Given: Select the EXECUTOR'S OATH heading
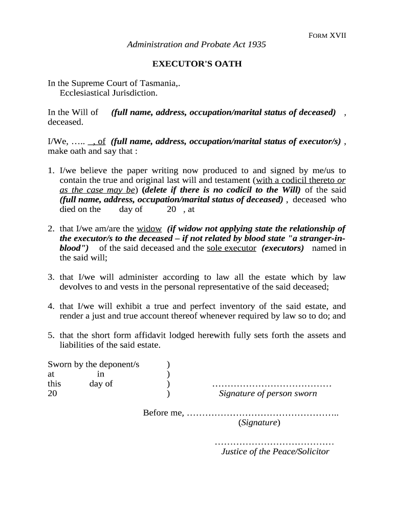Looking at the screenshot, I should click(x=196, y=64).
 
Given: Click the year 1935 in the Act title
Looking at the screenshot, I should click(x=256, y=44).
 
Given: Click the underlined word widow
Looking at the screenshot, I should click(x=149, y=229).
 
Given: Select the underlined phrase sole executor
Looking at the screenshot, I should click(x=231, y=248).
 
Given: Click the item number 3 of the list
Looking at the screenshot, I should click(x=51, y=277).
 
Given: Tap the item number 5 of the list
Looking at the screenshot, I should click(x=51, y=336).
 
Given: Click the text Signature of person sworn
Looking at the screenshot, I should click(x=268, y=393).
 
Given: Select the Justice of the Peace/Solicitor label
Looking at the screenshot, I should click(x=275, y=451).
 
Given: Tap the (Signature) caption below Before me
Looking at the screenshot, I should click(x=259, y=422).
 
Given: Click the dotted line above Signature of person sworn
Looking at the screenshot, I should click(x=272, y=384).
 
